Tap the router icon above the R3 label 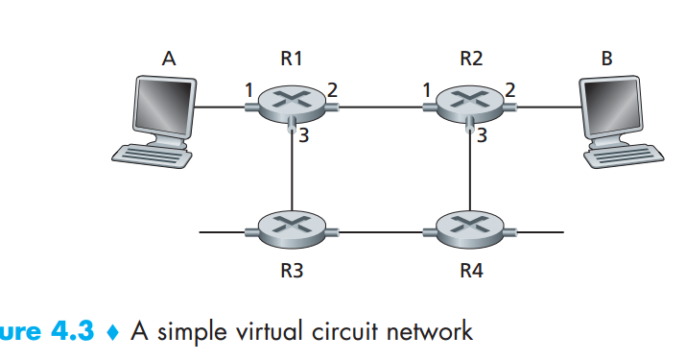click(292, 228)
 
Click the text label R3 click(292, 272)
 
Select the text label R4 click(469, 272)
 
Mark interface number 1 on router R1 click(248, 90)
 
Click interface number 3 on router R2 click(483, 136)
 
